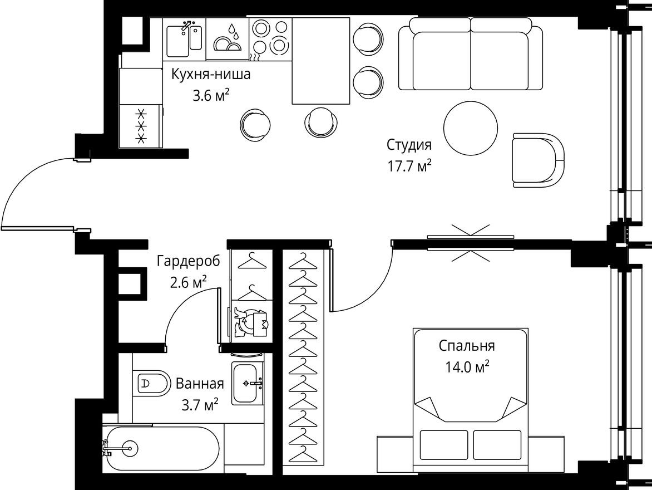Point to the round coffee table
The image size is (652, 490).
pos(471,128)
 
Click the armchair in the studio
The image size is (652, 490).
pos(537,160)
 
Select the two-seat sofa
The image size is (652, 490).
pos(471,53)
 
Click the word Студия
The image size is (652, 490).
pos(409,146)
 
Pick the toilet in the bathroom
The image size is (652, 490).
pos(152,383)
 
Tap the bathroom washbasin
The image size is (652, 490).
pos(248,383)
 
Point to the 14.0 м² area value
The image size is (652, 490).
pos(466,367)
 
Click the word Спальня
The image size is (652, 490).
pos(466,346)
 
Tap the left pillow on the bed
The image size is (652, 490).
pos(442,444)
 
